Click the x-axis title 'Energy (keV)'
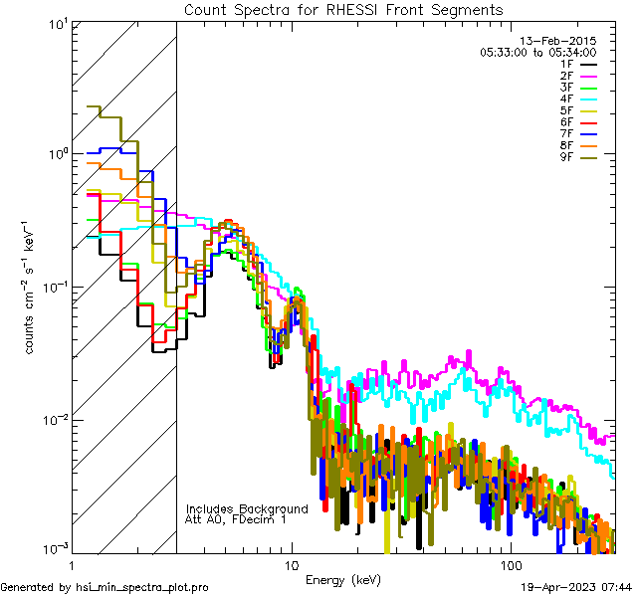click(x=343, y=579)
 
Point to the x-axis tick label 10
click(x=291, y=564)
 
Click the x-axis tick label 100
click(x=510, y=564)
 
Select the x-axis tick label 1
click(x=72, y=564)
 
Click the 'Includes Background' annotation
click(x=247, y=508)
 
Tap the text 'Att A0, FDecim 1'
click(x=236, y=519)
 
